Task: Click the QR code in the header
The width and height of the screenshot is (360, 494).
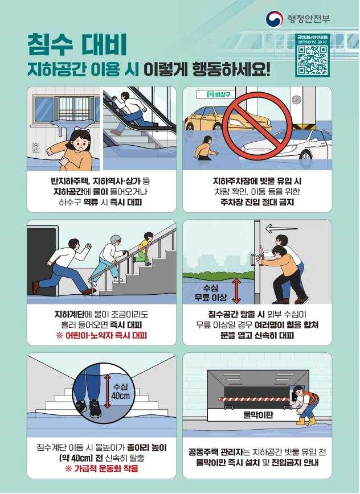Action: [x=312, y=60]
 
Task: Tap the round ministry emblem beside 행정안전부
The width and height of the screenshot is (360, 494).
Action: [x=273, y=19]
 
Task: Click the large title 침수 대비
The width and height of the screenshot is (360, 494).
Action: [x=77, y=45]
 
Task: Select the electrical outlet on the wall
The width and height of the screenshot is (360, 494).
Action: [x=36, y=148]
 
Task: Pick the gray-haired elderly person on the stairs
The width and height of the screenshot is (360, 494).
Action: [x=112, y=258]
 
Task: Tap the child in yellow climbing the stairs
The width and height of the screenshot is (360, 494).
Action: [x=144, y=248]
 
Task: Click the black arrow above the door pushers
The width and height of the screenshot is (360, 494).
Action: [x=281, y=228]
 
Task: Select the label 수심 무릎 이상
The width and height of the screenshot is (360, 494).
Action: [x=211, y=293]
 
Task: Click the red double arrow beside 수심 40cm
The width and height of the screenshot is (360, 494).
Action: [x=108, y=392]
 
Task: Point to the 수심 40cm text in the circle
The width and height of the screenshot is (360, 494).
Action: [x=121, y=391]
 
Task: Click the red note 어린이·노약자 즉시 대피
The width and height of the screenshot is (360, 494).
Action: [x=101, y=335]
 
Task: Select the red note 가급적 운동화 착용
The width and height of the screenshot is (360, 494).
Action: [x=101, y=468]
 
